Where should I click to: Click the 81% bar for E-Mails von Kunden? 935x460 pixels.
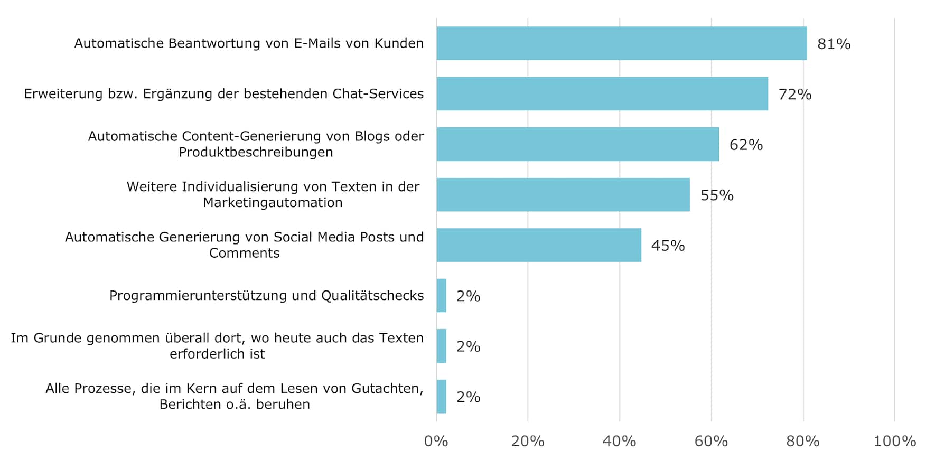tap(621, 43)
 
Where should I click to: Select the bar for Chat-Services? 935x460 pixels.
tap(602, 93)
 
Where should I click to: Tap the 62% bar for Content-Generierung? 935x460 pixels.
tap(577, 144)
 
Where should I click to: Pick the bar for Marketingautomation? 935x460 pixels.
tap(563, 194)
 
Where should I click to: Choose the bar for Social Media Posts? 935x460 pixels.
tap(538, 245)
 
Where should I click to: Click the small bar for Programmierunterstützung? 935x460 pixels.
tap(441, 295)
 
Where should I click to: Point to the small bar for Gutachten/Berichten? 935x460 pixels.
tap(441, 396)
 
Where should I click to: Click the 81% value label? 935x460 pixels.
tap(834, 44)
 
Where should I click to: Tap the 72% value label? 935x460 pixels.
tap(794, 95)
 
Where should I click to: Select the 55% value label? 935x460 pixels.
tap(717, 195)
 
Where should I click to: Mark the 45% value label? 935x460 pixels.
tap(668, 246)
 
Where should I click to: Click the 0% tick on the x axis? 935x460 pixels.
tap(436, 441)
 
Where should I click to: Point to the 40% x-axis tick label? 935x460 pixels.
tap(619, 441)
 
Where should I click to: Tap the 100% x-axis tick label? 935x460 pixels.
tap(894, 441)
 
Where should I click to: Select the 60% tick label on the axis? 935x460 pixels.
tap(711, 441)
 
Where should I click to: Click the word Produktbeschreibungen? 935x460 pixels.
tap(256, 152)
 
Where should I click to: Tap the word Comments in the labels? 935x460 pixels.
tap(244, 253)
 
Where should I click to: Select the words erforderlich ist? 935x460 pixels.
tap(217, 354)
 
